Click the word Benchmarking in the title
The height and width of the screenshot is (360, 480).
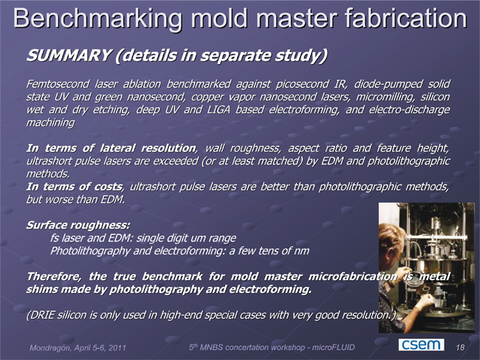coord(97,18)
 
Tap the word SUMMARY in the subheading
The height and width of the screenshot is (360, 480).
coord(68,55)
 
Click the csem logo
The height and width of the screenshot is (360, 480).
coord(421,345)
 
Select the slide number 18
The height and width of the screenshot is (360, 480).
coord(460,347)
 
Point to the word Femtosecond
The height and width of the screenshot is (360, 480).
coord(58,84)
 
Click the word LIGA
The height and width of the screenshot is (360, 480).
coord(219,109)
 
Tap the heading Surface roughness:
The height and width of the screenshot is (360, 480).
coord(78,225)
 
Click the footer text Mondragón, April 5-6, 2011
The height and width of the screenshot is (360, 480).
coord(78,347)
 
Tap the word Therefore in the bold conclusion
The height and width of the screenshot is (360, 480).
coord(54,277)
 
